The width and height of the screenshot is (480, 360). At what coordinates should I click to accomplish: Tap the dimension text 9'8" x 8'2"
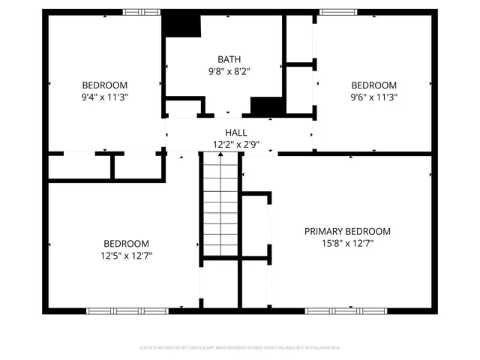[229, 72]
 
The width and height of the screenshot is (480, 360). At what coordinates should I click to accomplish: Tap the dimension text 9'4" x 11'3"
[104, 97]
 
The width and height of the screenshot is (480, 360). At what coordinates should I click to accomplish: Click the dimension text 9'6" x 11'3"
[373, 97]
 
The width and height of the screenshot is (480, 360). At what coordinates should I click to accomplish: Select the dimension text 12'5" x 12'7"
[126, 256]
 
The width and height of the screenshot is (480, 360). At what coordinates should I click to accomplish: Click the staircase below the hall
[220, 202]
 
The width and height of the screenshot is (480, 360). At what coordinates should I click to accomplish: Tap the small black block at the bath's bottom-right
[265, 106]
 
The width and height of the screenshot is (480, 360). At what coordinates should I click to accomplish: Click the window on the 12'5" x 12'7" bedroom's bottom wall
[126, 310]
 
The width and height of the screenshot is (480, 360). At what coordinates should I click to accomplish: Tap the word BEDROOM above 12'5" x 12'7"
[126, 244]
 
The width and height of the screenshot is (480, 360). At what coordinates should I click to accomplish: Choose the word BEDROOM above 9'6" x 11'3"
[373, 85]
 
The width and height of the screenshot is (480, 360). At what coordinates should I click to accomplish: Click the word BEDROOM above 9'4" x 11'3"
[104, 85]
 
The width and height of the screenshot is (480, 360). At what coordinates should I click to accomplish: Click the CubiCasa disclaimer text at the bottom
[240, 347]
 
